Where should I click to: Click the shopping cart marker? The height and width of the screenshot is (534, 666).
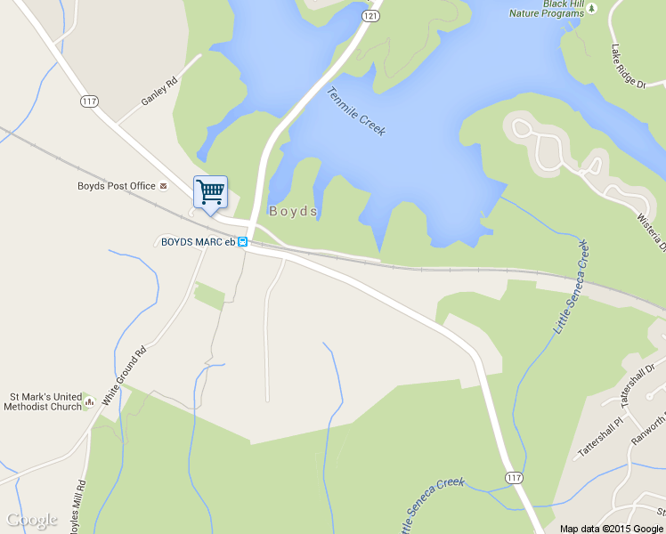[210, 191]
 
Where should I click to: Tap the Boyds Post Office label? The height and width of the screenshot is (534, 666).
[116, 187]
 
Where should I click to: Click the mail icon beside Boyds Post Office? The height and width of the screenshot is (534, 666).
[164, 187]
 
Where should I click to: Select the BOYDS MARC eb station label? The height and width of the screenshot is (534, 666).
[197, 241]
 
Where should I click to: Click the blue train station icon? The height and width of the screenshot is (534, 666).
[242, 241]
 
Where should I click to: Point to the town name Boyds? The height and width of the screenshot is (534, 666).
[293, 212]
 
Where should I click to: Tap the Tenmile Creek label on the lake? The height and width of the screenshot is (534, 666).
[356, 111]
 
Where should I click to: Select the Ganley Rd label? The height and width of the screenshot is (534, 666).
[159, 90]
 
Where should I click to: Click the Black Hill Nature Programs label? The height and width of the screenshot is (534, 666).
[545, 9]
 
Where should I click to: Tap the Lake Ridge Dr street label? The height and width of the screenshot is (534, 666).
[628, 66]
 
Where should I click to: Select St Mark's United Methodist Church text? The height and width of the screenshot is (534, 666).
[45, 401]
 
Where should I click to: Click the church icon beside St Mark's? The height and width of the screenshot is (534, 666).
[88, 402]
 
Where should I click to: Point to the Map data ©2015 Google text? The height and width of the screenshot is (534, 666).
[612, 528]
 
